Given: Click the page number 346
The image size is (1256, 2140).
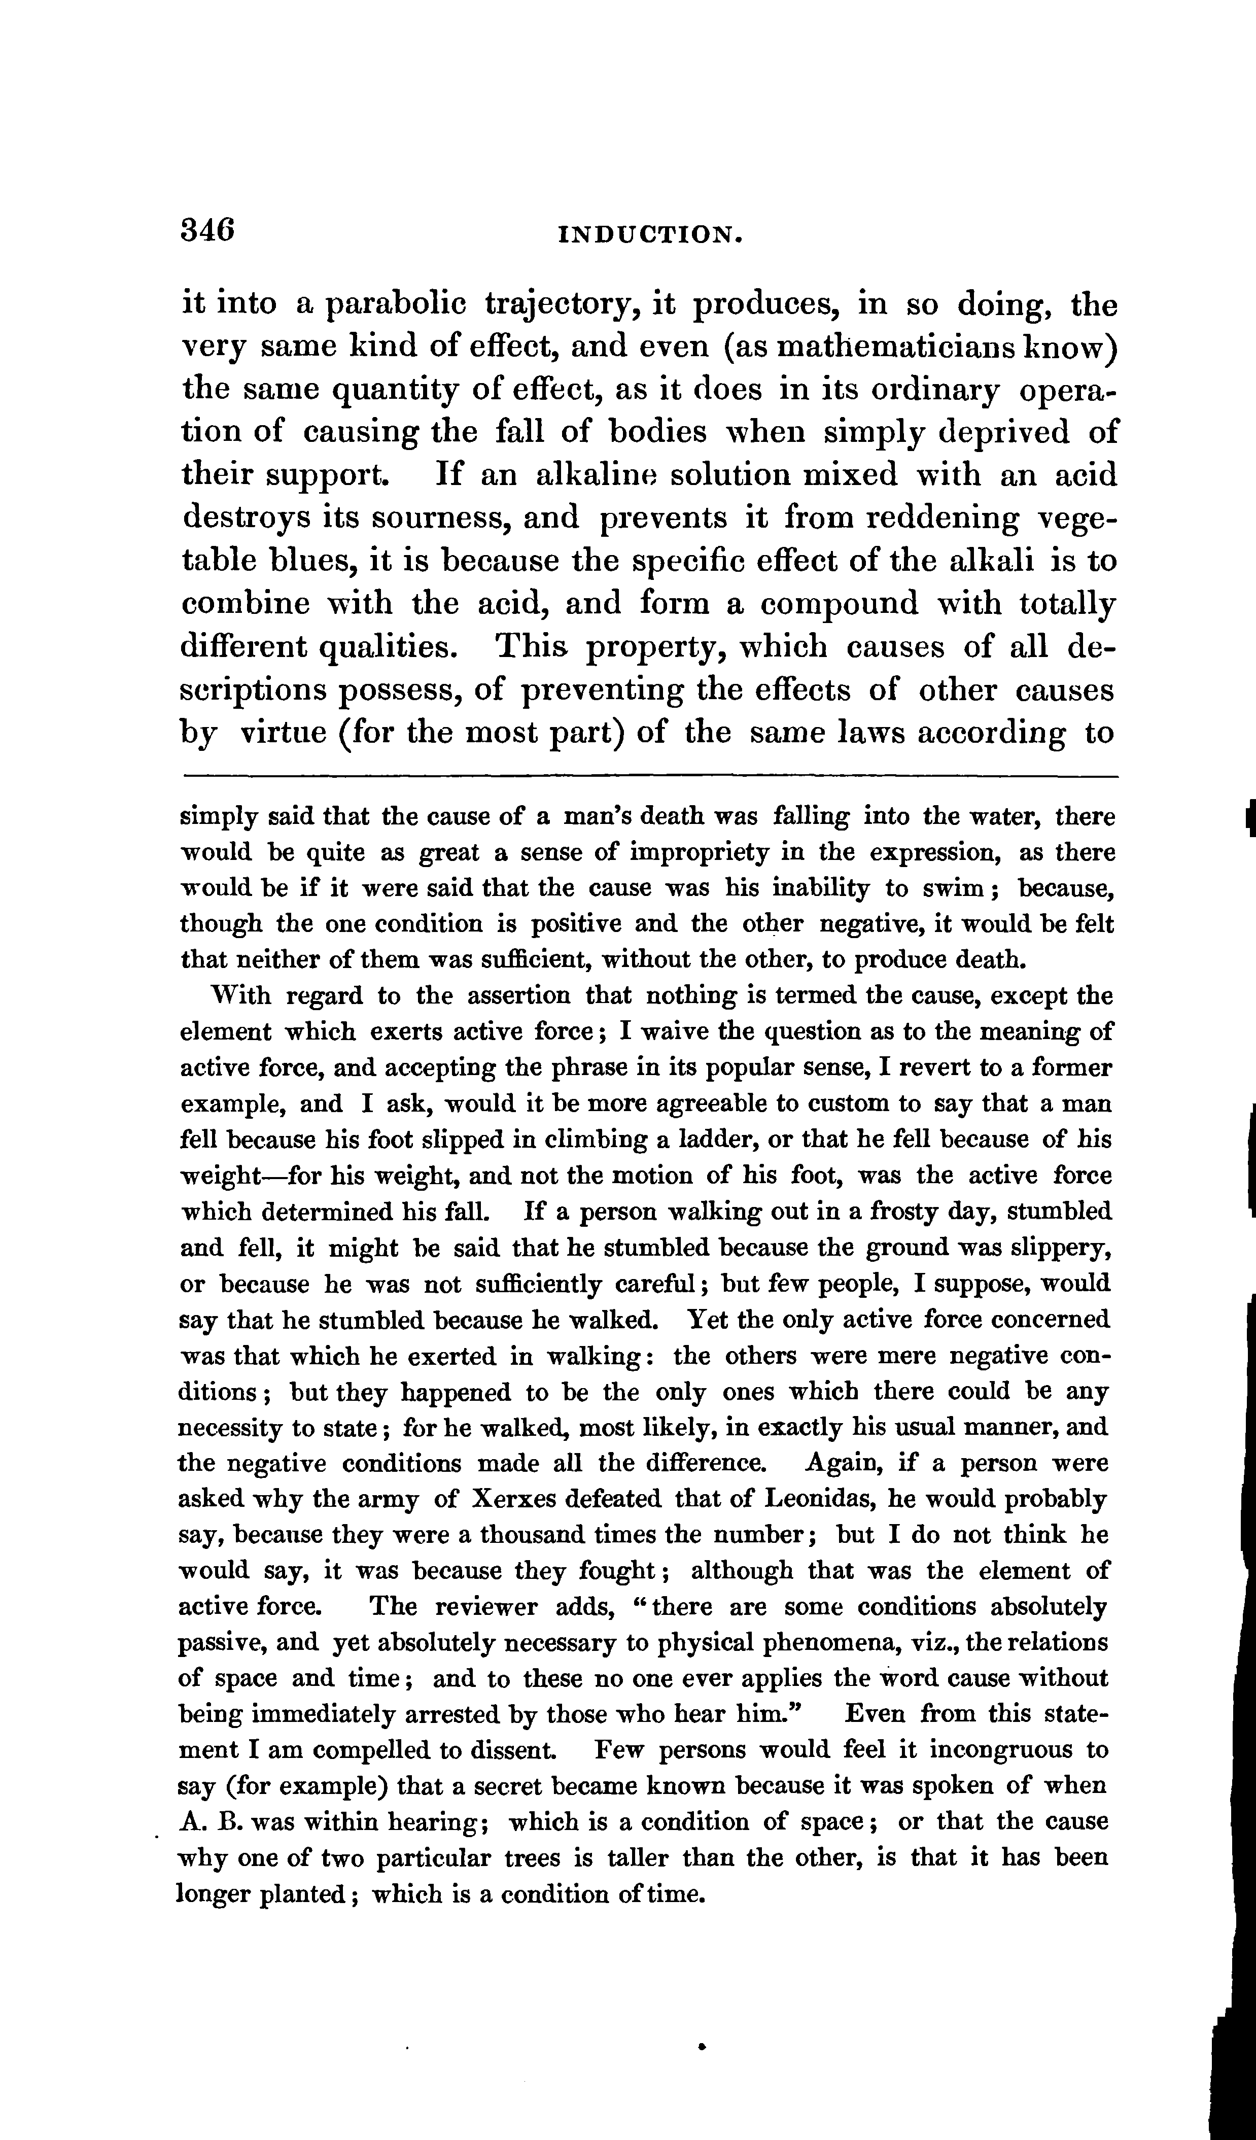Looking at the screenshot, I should pyautogui.click(x=208, y=230).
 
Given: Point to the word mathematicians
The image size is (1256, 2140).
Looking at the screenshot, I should pyautogui.click(x=898, y=348).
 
